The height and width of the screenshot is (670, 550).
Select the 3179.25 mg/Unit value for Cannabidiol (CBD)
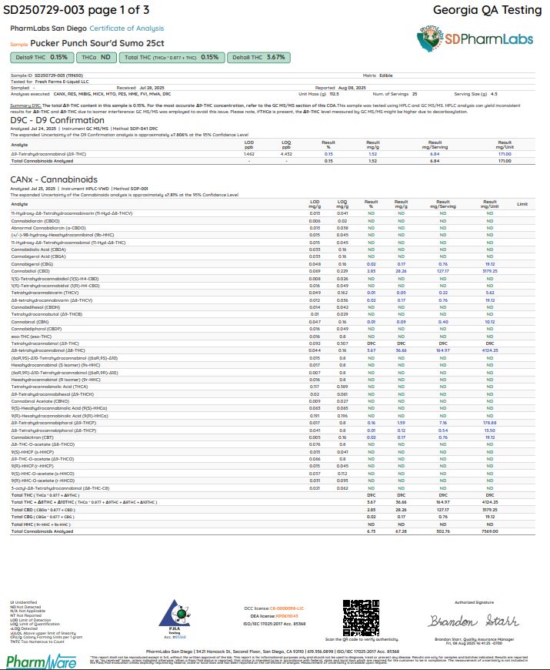(489, 250)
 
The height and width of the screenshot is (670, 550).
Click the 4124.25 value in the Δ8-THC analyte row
(489, 350)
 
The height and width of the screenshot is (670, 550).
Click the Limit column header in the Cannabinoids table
(522, 204)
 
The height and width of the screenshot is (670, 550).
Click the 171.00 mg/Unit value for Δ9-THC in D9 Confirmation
(505, 154)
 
